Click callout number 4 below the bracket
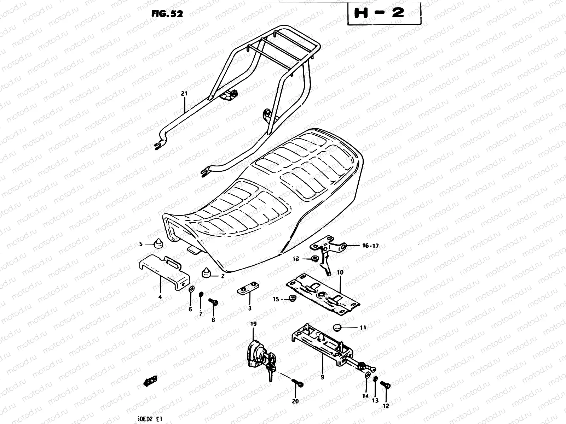pos(160,297)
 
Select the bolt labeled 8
pos(214,302)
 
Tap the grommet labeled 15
pos(292,299)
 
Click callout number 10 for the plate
pos(340,273)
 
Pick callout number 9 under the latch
pos(322,377)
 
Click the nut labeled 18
pos(313,259)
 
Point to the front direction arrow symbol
pos(150,381)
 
